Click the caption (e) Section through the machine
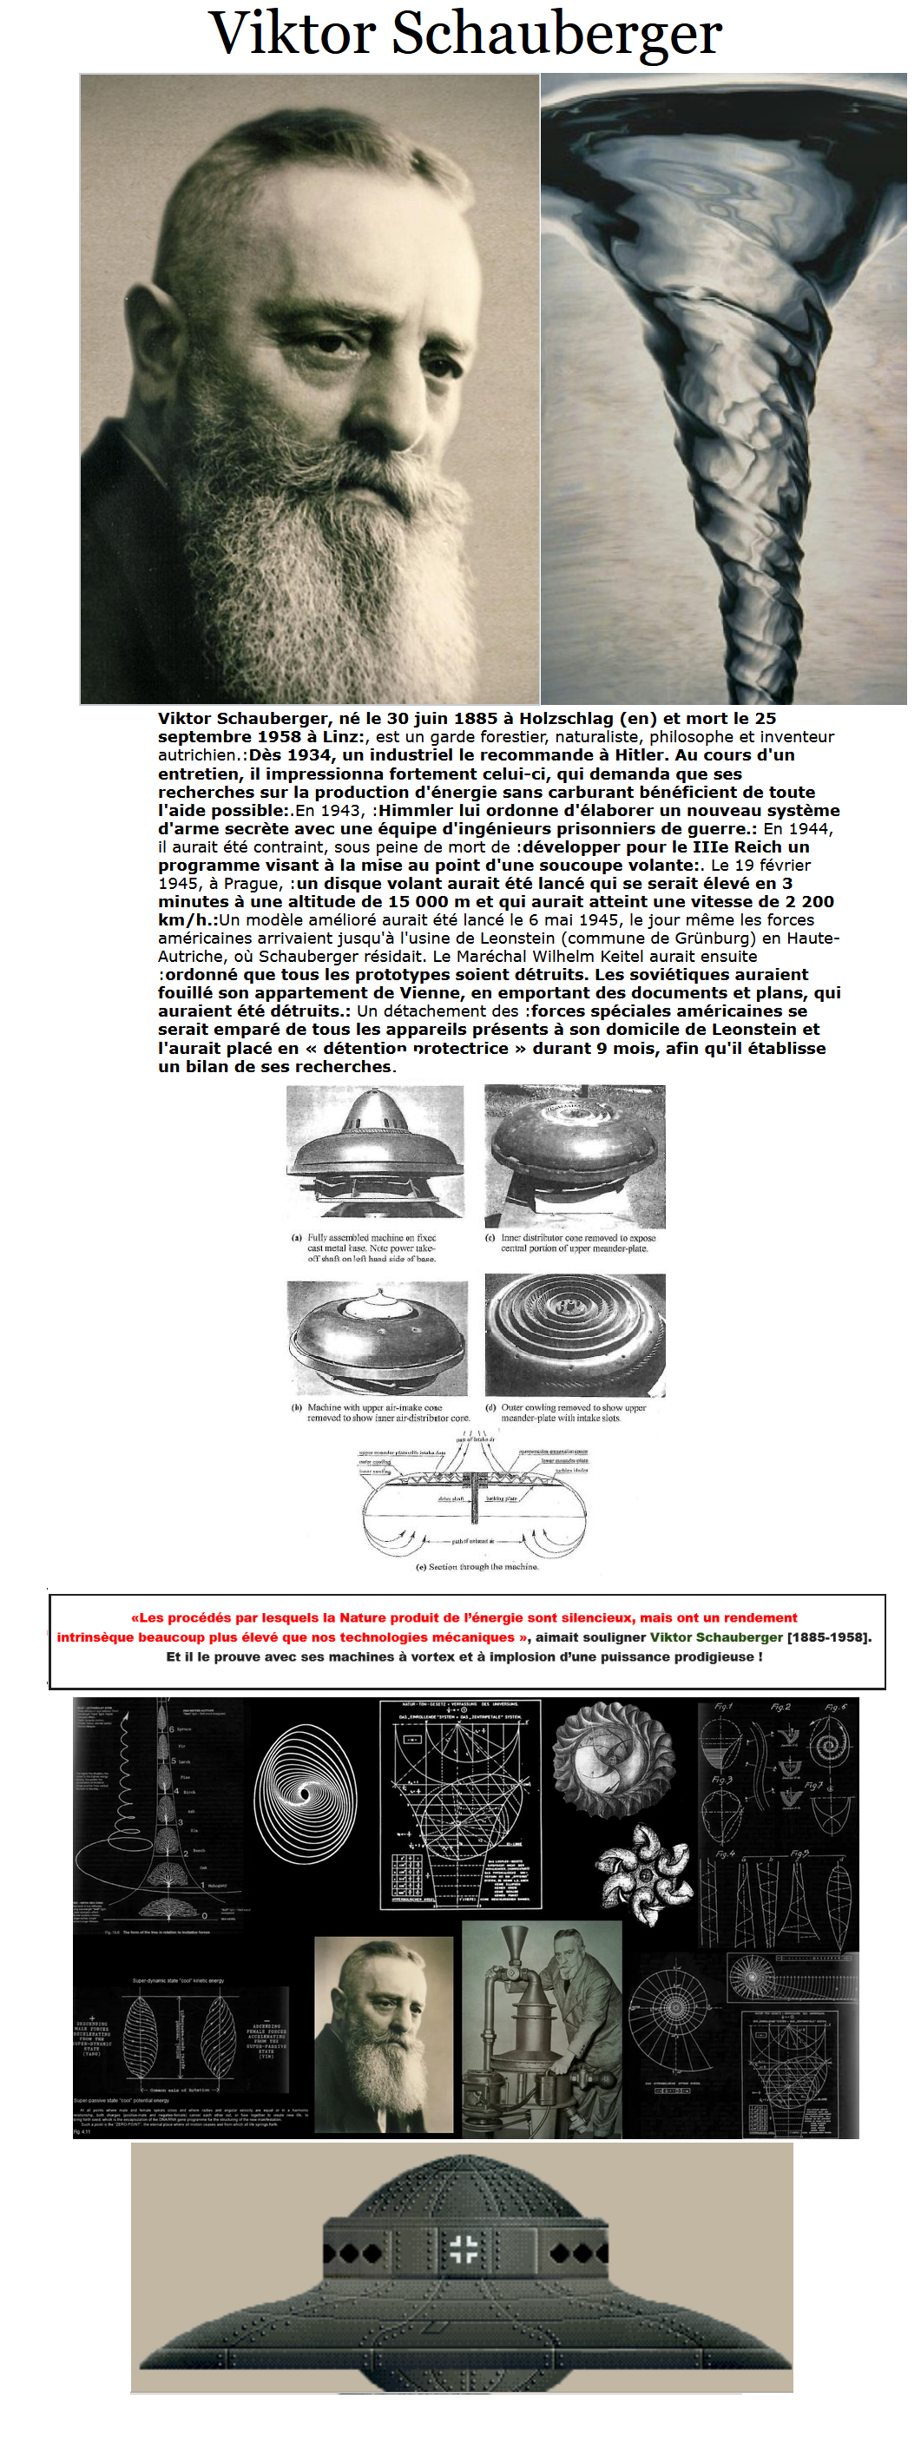point(477,1567)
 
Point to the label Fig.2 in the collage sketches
point(780,1706)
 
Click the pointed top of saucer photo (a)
point(377,1095)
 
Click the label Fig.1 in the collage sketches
point(723,1706)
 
